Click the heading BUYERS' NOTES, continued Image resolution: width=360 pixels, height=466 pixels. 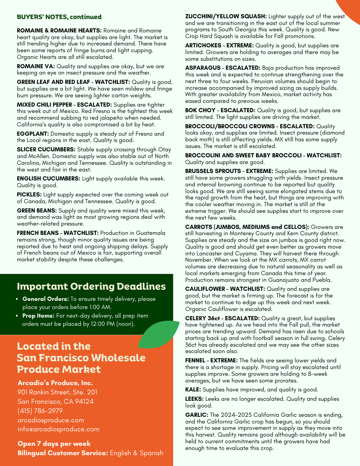(59, 17)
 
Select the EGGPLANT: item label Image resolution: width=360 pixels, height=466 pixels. (33, 133)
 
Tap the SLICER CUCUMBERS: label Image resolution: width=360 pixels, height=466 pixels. (46, 149)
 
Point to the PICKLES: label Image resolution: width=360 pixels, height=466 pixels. (29, 195)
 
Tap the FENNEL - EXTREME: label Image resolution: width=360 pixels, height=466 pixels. (211, 360)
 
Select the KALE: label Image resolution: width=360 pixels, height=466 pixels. (193, 390)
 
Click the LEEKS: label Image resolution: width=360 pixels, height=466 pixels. (195, 399)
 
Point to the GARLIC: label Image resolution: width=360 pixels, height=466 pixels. (197, 415)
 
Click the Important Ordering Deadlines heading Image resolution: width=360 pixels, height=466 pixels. (91, 286)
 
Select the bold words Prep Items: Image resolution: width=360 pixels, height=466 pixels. (38, 316)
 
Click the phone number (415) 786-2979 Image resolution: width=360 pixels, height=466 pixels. (40, 411)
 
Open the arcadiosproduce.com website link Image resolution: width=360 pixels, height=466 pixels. (51, 420)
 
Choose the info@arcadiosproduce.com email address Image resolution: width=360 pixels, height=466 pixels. (59, 429)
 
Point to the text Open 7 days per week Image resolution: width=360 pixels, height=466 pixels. (54, 444)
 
